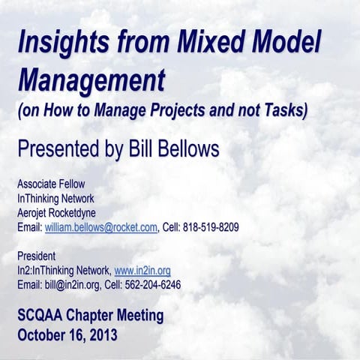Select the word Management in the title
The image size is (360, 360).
pyautogui.click(x=91, y=78)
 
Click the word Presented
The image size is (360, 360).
pyautogui.click(x=59, y=148)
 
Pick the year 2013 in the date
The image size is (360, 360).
pyautogui.click(x=101, y=334)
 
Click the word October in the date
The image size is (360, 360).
pyautogui.click(x=42, y=334)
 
